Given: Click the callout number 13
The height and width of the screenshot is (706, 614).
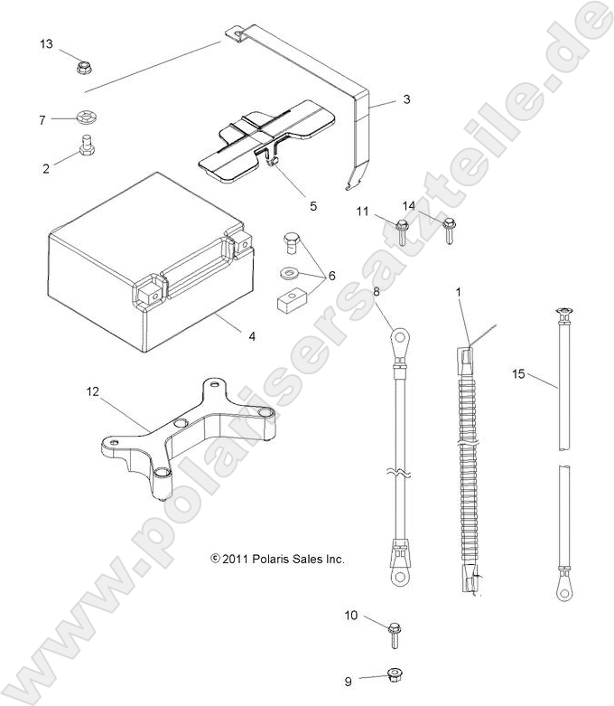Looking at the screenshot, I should coord(46,44).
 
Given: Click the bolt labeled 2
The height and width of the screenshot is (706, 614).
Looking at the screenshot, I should coord(87,146).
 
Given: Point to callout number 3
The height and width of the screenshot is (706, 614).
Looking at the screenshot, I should coord(406,99).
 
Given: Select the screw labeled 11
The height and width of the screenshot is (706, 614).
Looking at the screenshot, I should coord(403,222).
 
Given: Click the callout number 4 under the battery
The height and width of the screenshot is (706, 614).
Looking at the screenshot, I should coord(252,337).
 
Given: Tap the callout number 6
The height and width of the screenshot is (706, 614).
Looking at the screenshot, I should coord(332,275).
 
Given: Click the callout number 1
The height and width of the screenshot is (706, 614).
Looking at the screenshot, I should coord(458,293).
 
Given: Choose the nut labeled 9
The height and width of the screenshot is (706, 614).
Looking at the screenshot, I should coord(394,674).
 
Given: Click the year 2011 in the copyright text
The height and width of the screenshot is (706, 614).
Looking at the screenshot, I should coord(235,560).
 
